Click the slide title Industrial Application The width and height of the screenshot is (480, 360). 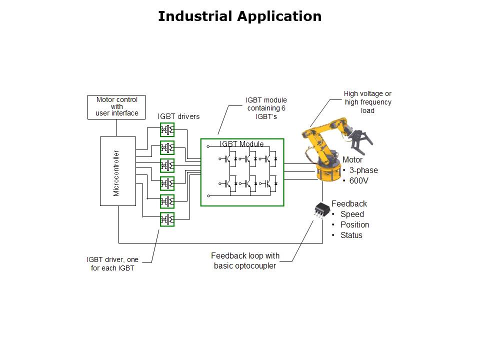tap(239, 16)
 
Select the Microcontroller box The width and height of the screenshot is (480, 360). tap(117, 170)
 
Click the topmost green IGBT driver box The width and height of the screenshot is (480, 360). tap(167, 130)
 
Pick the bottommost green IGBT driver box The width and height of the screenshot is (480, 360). tap(167, 219)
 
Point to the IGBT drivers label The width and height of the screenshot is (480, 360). tap(178, 116)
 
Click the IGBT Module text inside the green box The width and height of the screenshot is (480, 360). tap(241, 144)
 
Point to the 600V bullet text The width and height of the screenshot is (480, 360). tap(358, 180)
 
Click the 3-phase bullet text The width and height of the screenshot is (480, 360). tap(363, 170)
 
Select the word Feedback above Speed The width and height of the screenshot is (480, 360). tap(349, 203)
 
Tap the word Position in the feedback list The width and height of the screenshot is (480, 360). tap(354, 224)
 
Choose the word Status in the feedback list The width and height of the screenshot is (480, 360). tap(351, 235)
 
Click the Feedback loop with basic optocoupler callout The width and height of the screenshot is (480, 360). tap(245, 260)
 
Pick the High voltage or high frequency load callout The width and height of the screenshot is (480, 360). tap(367, 102)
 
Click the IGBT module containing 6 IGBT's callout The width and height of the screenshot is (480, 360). tap(266, 108)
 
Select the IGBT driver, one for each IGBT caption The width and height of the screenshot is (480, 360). tap(112, 263)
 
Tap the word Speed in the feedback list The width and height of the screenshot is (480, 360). tap(352, 214)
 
